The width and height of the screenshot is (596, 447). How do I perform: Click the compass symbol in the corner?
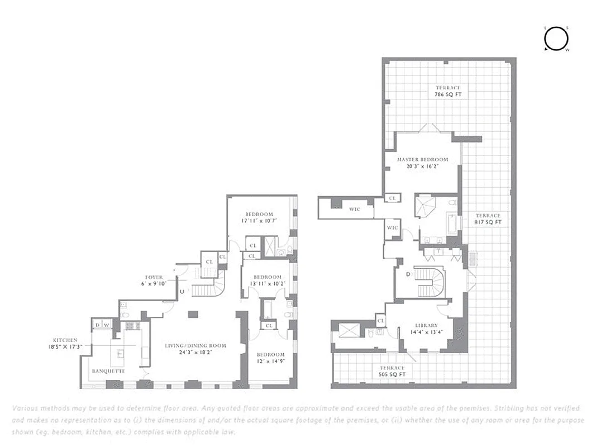coord(556,39)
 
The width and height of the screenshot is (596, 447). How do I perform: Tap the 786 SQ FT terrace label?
coord(448,91)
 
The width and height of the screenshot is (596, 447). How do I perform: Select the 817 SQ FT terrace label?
coord(488,218)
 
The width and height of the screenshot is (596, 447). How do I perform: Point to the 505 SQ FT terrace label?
coord(392,371)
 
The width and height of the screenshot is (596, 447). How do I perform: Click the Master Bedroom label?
coord(422,162)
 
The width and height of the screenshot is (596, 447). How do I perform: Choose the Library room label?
coord(426,328)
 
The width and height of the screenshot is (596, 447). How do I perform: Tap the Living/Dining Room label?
coord(195,349)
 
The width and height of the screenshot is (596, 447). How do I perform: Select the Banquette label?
coord(109,371)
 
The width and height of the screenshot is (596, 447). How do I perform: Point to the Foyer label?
coord(154,280)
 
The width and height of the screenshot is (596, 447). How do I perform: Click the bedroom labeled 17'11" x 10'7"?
coord(259,217)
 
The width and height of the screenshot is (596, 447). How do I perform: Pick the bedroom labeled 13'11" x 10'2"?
coord(267,280)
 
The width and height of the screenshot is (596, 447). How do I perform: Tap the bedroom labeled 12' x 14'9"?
coord(270,358)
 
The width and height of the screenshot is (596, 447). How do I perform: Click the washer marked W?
coord(106,325)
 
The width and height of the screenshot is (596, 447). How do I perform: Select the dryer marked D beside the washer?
coord(97,325)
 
